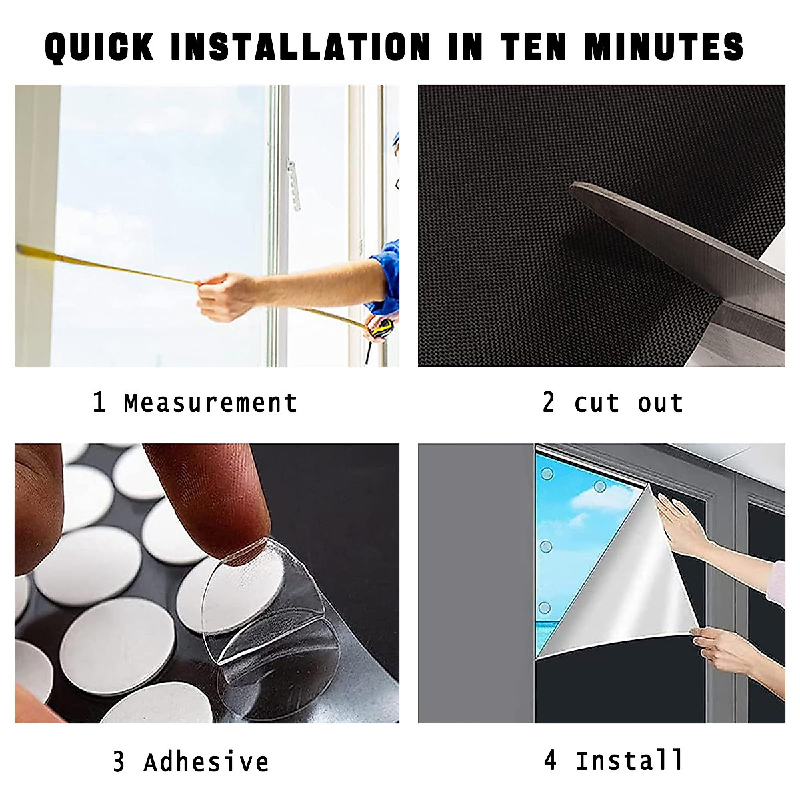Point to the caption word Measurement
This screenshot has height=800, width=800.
coord(210,403)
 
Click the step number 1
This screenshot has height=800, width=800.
coord(99,403)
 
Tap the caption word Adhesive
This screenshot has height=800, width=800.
coord(206,762)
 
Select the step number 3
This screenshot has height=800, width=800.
coord(119,762)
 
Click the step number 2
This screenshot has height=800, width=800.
coord(549,403)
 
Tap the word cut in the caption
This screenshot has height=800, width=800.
coord(597,403)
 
